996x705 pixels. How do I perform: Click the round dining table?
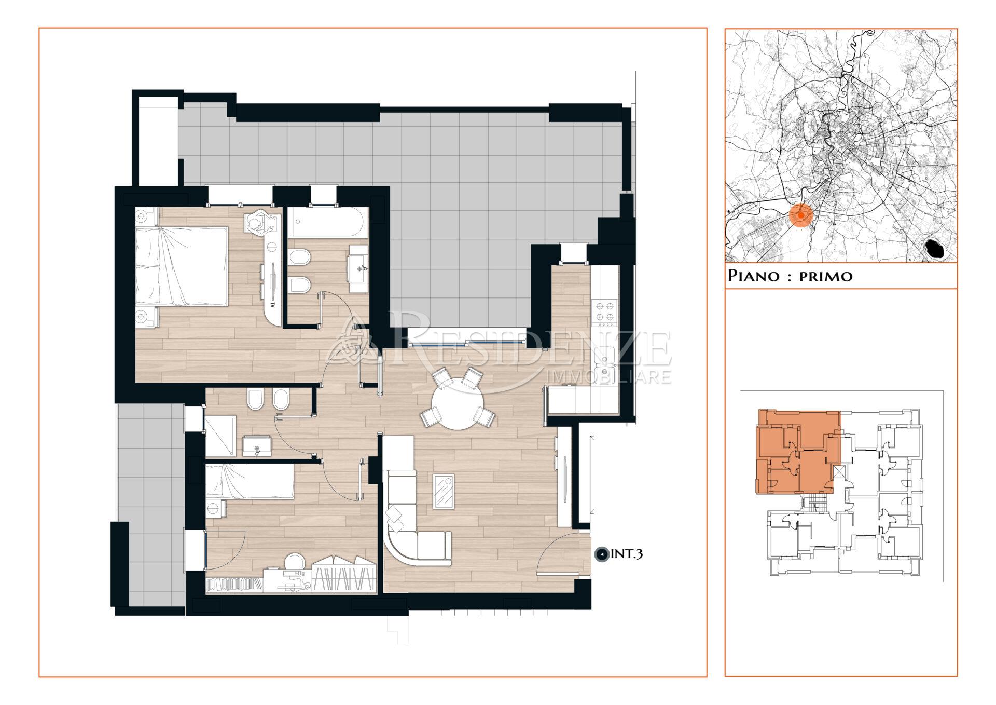coord(458,405)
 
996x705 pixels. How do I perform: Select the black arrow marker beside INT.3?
coord(601,555)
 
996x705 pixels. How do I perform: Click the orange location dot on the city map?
coord(801,215)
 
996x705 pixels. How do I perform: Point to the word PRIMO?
coord(825,276)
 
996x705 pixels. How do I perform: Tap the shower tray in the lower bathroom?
coord(220,436)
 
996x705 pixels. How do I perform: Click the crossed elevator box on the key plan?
coord(838,473)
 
